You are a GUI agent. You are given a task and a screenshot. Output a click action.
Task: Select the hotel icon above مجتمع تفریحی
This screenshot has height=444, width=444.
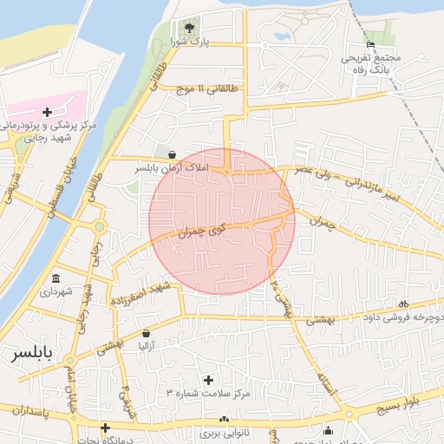click(x=371, y=44)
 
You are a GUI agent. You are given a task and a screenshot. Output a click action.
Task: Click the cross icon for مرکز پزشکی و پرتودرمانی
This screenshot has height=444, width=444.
click(x=47, y=111)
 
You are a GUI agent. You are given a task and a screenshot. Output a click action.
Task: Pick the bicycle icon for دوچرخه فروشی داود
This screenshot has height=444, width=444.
click(x=402, y=304)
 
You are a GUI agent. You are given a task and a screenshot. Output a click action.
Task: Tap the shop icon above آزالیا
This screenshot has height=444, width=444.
click(x=145, y=333)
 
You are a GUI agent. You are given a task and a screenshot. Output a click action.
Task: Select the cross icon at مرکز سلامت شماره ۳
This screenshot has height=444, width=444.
click(x=208, y=380)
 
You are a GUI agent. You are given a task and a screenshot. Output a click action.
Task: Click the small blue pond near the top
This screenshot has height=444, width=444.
click(x=281, y=36)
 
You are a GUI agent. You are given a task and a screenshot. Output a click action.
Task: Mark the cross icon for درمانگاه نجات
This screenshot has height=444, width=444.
click(x=105, y=428)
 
